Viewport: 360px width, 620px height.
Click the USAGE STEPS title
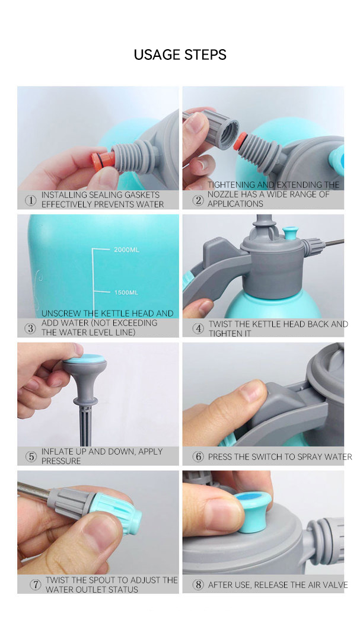pos(180,55)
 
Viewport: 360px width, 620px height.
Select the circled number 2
pos(198,200)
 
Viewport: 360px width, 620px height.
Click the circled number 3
pos(30,328)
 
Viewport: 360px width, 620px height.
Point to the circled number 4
pos(198,328)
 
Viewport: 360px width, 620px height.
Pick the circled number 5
pos(31,456)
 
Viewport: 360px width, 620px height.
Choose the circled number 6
pos(198,456)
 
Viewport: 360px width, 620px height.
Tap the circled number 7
pos(36,584)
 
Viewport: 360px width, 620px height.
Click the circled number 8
pos(198,584)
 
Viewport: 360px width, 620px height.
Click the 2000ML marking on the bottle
pos(126,250)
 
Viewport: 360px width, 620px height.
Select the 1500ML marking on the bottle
pos(126,292)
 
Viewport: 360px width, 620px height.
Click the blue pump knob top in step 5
pos(84,359)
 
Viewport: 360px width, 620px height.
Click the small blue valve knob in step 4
pos(290,232)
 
